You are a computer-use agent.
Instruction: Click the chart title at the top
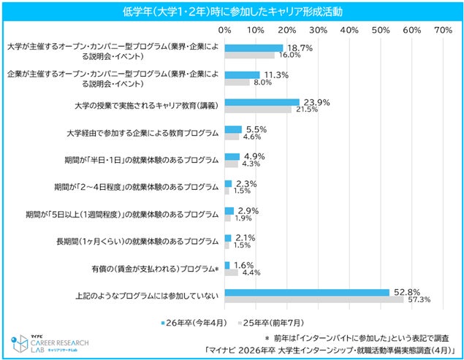point(232,12)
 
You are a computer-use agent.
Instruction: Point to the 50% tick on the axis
point(381,30)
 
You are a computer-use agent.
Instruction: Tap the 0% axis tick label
point(225,30)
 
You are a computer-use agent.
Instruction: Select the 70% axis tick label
point(443,30)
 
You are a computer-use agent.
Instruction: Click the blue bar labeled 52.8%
point(307,292)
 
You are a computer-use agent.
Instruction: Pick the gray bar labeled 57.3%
point(314,299)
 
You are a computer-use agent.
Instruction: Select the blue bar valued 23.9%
point(262,102)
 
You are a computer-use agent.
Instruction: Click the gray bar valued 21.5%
point(258,110)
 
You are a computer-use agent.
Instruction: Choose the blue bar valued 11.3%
point(243,74)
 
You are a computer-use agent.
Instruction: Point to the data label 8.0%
point(262,83)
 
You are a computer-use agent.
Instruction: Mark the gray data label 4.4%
point(251,272)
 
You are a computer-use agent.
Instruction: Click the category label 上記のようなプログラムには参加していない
point(147,296)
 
